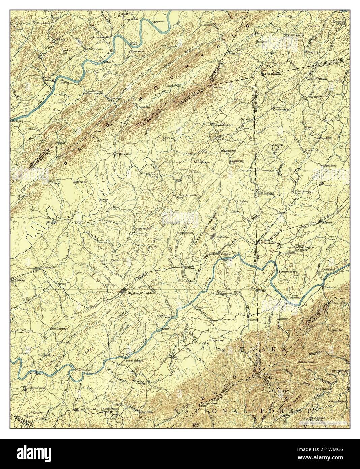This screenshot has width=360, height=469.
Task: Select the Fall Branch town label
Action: pos(272,73)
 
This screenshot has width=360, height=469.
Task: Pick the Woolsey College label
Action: pos(131,383)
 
